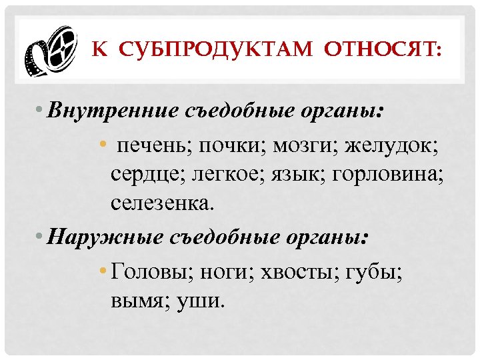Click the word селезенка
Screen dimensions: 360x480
(x=163, y=205)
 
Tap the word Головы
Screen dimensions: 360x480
(x=151, y=270)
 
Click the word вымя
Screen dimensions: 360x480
(x=139, y=300)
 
